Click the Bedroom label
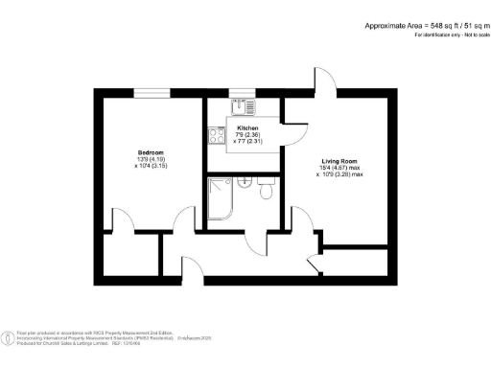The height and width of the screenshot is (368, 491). click(x=151, y=152)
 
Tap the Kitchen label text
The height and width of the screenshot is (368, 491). click(x=248, y=127)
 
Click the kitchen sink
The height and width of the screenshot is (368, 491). click(x=247, y=105)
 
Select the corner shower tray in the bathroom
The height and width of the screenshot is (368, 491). click(x=221, y=199)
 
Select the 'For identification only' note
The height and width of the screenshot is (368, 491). click(x=449, y=34)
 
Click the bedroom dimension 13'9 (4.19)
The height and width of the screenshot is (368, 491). click(x=151, y=159)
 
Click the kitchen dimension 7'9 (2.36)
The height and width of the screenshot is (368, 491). click(x=248, y=134)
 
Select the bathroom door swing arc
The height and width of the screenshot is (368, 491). click(x=256, y=242)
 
